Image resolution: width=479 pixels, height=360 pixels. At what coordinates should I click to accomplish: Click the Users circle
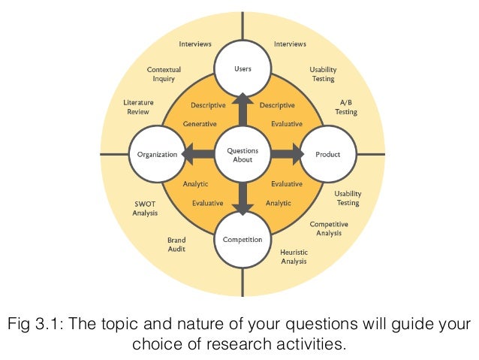(242, 68)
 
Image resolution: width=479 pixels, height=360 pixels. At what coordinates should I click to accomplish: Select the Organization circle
(157, 155)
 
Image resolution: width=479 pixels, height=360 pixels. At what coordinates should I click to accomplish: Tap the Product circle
(327, 155)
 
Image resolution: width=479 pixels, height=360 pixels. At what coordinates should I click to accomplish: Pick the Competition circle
(242, 241)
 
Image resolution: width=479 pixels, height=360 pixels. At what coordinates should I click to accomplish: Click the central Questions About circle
(242, 155)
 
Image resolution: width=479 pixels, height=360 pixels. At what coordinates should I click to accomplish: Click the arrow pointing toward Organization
(195, 155)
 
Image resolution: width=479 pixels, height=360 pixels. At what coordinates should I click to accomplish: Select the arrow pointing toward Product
(289, 155)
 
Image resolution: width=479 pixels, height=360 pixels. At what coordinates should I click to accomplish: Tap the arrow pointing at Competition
(242, 201)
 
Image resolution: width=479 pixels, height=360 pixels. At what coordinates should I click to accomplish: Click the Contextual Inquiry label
(164, 74)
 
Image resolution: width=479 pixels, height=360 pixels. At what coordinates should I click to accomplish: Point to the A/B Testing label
(346, 107)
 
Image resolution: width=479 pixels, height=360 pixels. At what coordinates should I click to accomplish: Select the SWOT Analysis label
(145, 208)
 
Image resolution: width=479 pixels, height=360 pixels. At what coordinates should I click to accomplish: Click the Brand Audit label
(176, 244)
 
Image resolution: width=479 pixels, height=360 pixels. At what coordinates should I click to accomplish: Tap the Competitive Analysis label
(329, 228)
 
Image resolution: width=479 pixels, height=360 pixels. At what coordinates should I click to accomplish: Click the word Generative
(200, 124)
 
